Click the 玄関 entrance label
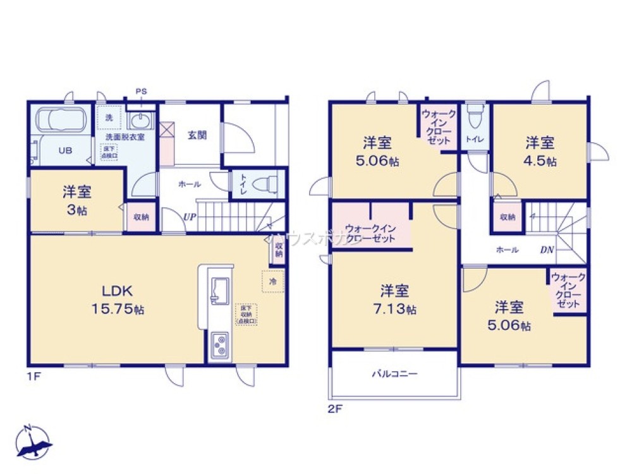point(196,135)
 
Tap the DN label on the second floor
point(547,250)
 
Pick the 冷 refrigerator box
point(273,281)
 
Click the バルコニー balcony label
point(394,374)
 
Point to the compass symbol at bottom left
point(33,441)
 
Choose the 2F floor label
point(334,408)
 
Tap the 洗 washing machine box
point(109,118)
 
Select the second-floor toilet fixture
point(473,116)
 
